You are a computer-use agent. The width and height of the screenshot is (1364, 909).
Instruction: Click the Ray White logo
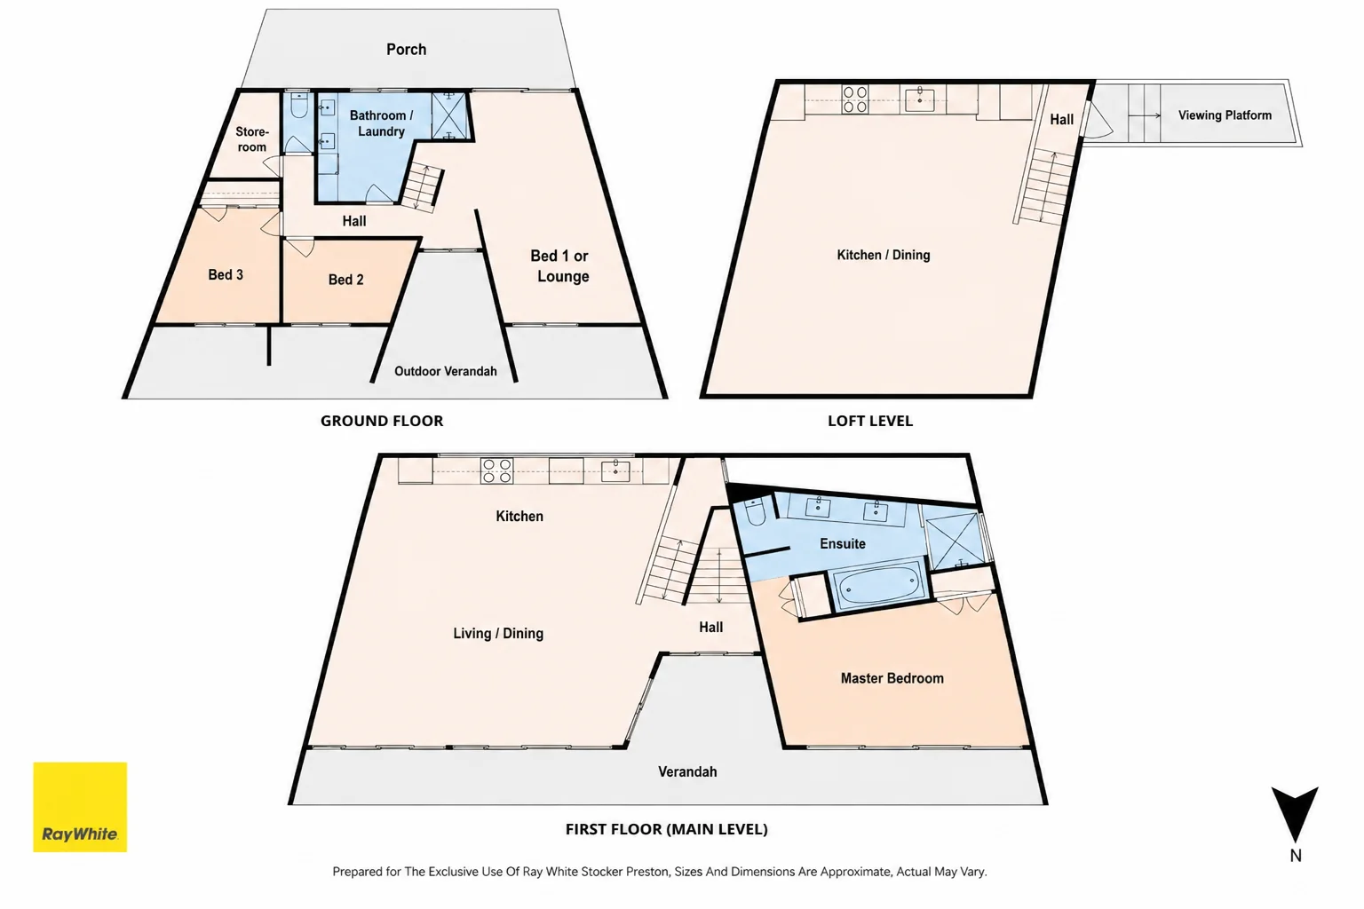coord(80,807)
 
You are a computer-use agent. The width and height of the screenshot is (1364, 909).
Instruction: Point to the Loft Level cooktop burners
coord(854,99)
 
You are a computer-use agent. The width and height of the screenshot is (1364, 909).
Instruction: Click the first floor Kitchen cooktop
coord(496,470)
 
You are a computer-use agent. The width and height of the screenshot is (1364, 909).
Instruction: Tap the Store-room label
coord(251,139)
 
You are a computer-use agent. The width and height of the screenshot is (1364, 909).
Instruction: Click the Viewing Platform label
coord(1225,115)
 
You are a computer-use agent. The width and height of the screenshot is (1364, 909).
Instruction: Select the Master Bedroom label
coord(892,678)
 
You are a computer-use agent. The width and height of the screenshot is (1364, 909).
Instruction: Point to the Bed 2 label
coord(345,280)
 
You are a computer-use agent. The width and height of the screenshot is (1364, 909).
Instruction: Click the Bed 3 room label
coord(226,274)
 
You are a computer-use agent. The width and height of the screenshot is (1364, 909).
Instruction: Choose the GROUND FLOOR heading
coord(382,421)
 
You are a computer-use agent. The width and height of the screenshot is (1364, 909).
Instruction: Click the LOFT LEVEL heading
coord(870,421)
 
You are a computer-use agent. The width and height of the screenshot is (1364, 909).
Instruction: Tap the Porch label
coord(406,50)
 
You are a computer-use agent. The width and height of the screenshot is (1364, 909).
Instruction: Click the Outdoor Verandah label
coord(446,371)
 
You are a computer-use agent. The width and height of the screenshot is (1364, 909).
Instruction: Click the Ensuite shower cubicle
coord(956,541)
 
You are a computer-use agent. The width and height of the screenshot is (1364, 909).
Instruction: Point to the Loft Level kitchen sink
coord(919,99)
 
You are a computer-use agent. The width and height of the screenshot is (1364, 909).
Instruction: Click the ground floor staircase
coord(422,187)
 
